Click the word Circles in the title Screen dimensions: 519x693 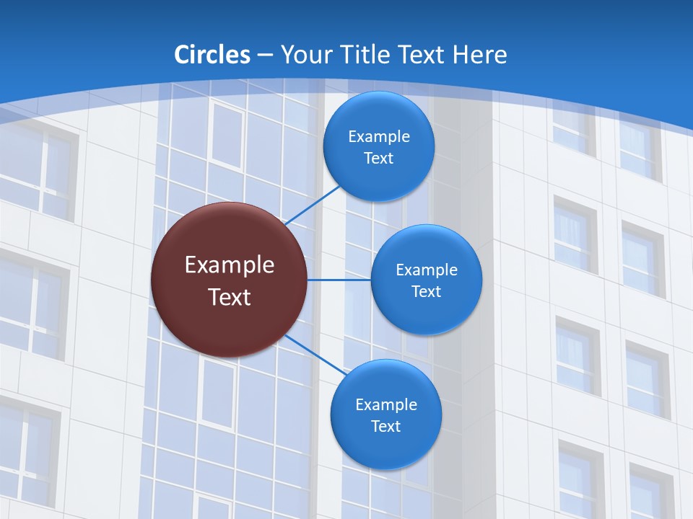tap(212, 54)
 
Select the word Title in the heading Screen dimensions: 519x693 tap(372, 54)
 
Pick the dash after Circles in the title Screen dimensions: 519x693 tap(265, 56)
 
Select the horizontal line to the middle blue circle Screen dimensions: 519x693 tap(339, 280)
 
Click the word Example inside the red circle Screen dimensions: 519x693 tap(229, 265)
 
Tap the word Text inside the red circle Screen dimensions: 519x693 tap(229, 297)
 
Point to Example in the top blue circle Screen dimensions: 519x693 tap(378, 136)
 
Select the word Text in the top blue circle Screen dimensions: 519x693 tap(378, 158)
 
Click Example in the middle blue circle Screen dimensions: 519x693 tap(426, 270)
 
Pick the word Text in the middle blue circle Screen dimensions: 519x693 tap(426, 291)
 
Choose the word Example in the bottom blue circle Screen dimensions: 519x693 tap(385, 404)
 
